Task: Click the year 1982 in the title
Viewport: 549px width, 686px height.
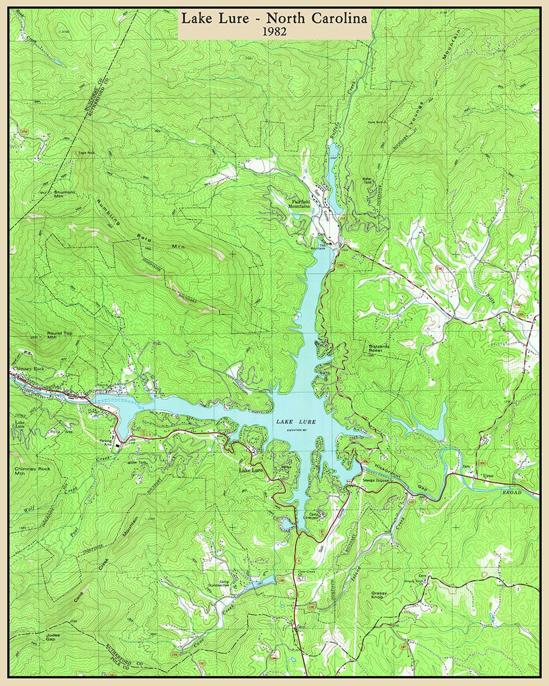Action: click(274, 32)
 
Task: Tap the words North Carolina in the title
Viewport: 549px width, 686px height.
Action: click(317, 19)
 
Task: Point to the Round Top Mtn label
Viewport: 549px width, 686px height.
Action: click(59, 335)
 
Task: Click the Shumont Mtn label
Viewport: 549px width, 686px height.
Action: click(65, 194)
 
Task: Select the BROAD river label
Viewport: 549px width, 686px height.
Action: click(512, 492)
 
